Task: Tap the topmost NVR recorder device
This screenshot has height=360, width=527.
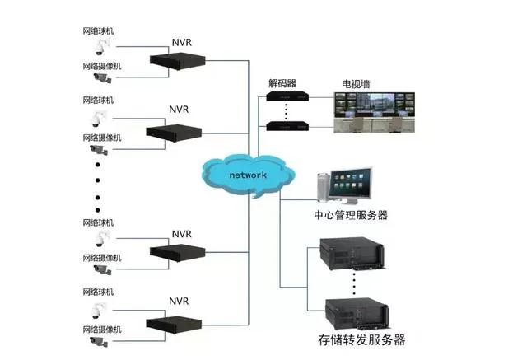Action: coord(176,60)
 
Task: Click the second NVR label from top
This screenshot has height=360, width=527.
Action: coord(180,109)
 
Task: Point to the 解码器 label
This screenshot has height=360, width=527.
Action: coord(282,84)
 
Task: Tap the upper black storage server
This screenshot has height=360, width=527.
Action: coord(352,254)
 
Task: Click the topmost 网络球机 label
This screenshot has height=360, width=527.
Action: coord(99,31)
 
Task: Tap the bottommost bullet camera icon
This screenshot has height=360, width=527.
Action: coord(100,339)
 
